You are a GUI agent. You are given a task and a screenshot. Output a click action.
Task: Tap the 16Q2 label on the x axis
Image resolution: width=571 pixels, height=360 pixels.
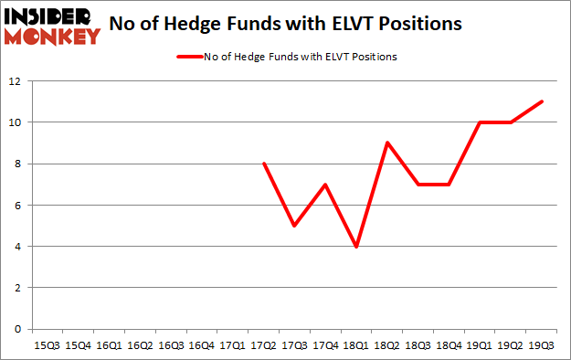139,345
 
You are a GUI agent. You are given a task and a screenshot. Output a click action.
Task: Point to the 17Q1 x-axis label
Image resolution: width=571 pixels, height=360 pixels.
232,345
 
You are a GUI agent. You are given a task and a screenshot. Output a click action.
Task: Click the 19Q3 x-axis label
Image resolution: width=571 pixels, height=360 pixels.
543,345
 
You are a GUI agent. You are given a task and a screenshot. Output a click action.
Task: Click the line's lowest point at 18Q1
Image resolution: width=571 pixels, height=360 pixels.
356,246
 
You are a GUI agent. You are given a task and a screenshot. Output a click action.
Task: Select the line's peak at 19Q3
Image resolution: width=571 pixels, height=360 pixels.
543,101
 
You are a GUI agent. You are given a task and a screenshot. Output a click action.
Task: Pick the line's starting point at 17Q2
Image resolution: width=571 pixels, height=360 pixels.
263,164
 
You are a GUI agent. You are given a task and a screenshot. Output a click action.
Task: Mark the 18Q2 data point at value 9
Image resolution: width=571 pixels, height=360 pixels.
387,143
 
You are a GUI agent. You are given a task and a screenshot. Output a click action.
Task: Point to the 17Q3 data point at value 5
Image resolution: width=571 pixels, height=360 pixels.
294,226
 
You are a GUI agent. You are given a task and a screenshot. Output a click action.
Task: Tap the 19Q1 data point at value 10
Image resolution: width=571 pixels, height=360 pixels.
481,122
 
